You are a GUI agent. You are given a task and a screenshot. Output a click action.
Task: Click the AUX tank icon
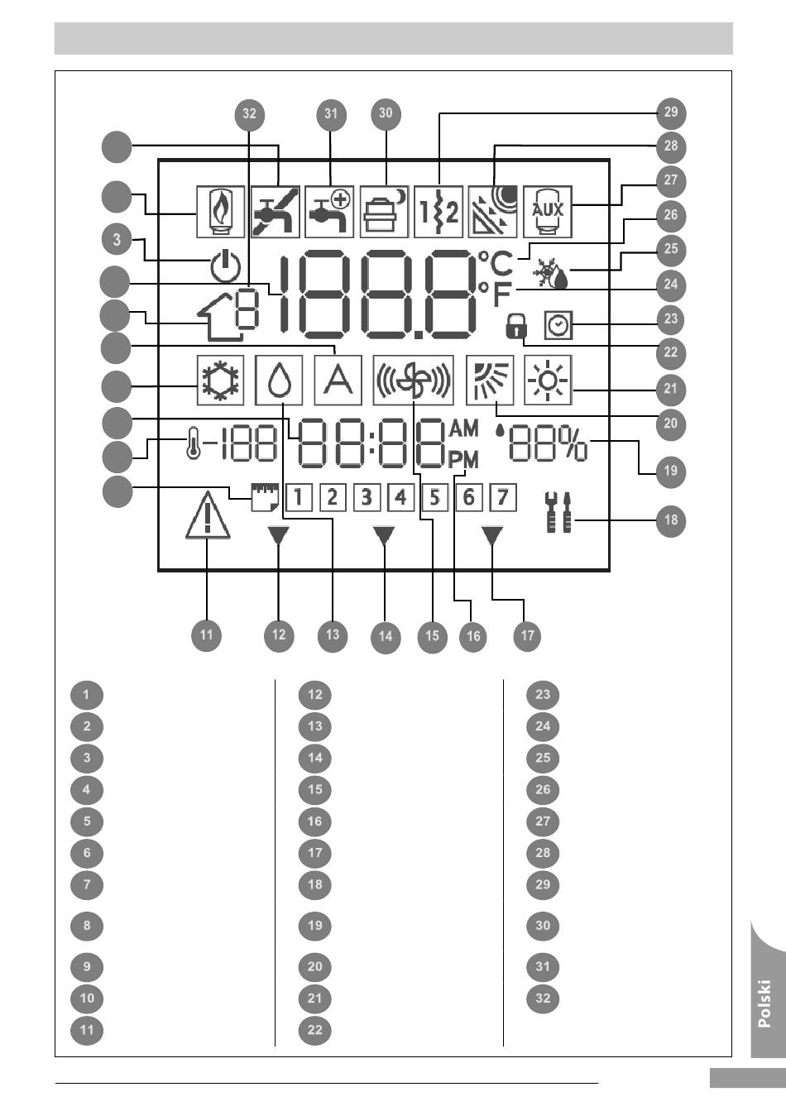click(x=548, y=212)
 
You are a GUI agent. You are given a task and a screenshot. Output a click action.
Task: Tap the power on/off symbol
click(x=226, y=267)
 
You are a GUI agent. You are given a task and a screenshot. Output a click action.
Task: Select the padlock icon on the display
click(x=516, y=326)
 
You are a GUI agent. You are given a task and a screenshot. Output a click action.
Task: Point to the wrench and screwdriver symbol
click(x=558, y=512)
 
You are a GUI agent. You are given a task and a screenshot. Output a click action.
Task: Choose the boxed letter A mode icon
click(x=338, y=381)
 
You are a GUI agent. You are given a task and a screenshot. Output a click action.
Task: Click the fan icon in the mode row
click(x=413, y=381)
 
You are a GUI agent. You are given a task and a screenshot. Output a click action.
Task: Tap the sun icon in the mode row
click(x=548, y=381)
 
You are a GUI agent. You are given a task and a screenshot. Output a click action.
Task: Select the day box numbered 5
click(x=435, y=497)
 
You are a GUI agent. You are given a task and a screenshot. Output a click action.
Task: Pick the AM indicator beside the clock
click(x=463, y=429)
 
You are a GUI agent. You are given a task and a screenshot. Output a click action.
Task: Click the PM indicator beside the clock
click(x=463, y=461)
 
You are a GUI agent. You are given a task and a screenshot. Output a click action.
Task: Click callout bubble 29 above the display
click(x=671, y=112)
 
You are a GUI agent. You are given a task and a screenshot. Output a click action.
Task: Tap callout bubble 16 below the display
click(x=473, y=636)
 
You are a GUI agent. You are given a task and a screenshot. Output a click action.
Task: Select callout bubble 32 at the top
click(x=249, y=114)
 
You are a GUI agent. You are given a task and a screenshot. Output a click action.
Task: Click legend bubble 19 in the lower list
click(x=315, y=926)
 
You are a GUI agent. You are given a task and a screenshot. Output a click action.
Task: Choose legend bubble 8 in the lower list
click(x=87, y=926)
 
